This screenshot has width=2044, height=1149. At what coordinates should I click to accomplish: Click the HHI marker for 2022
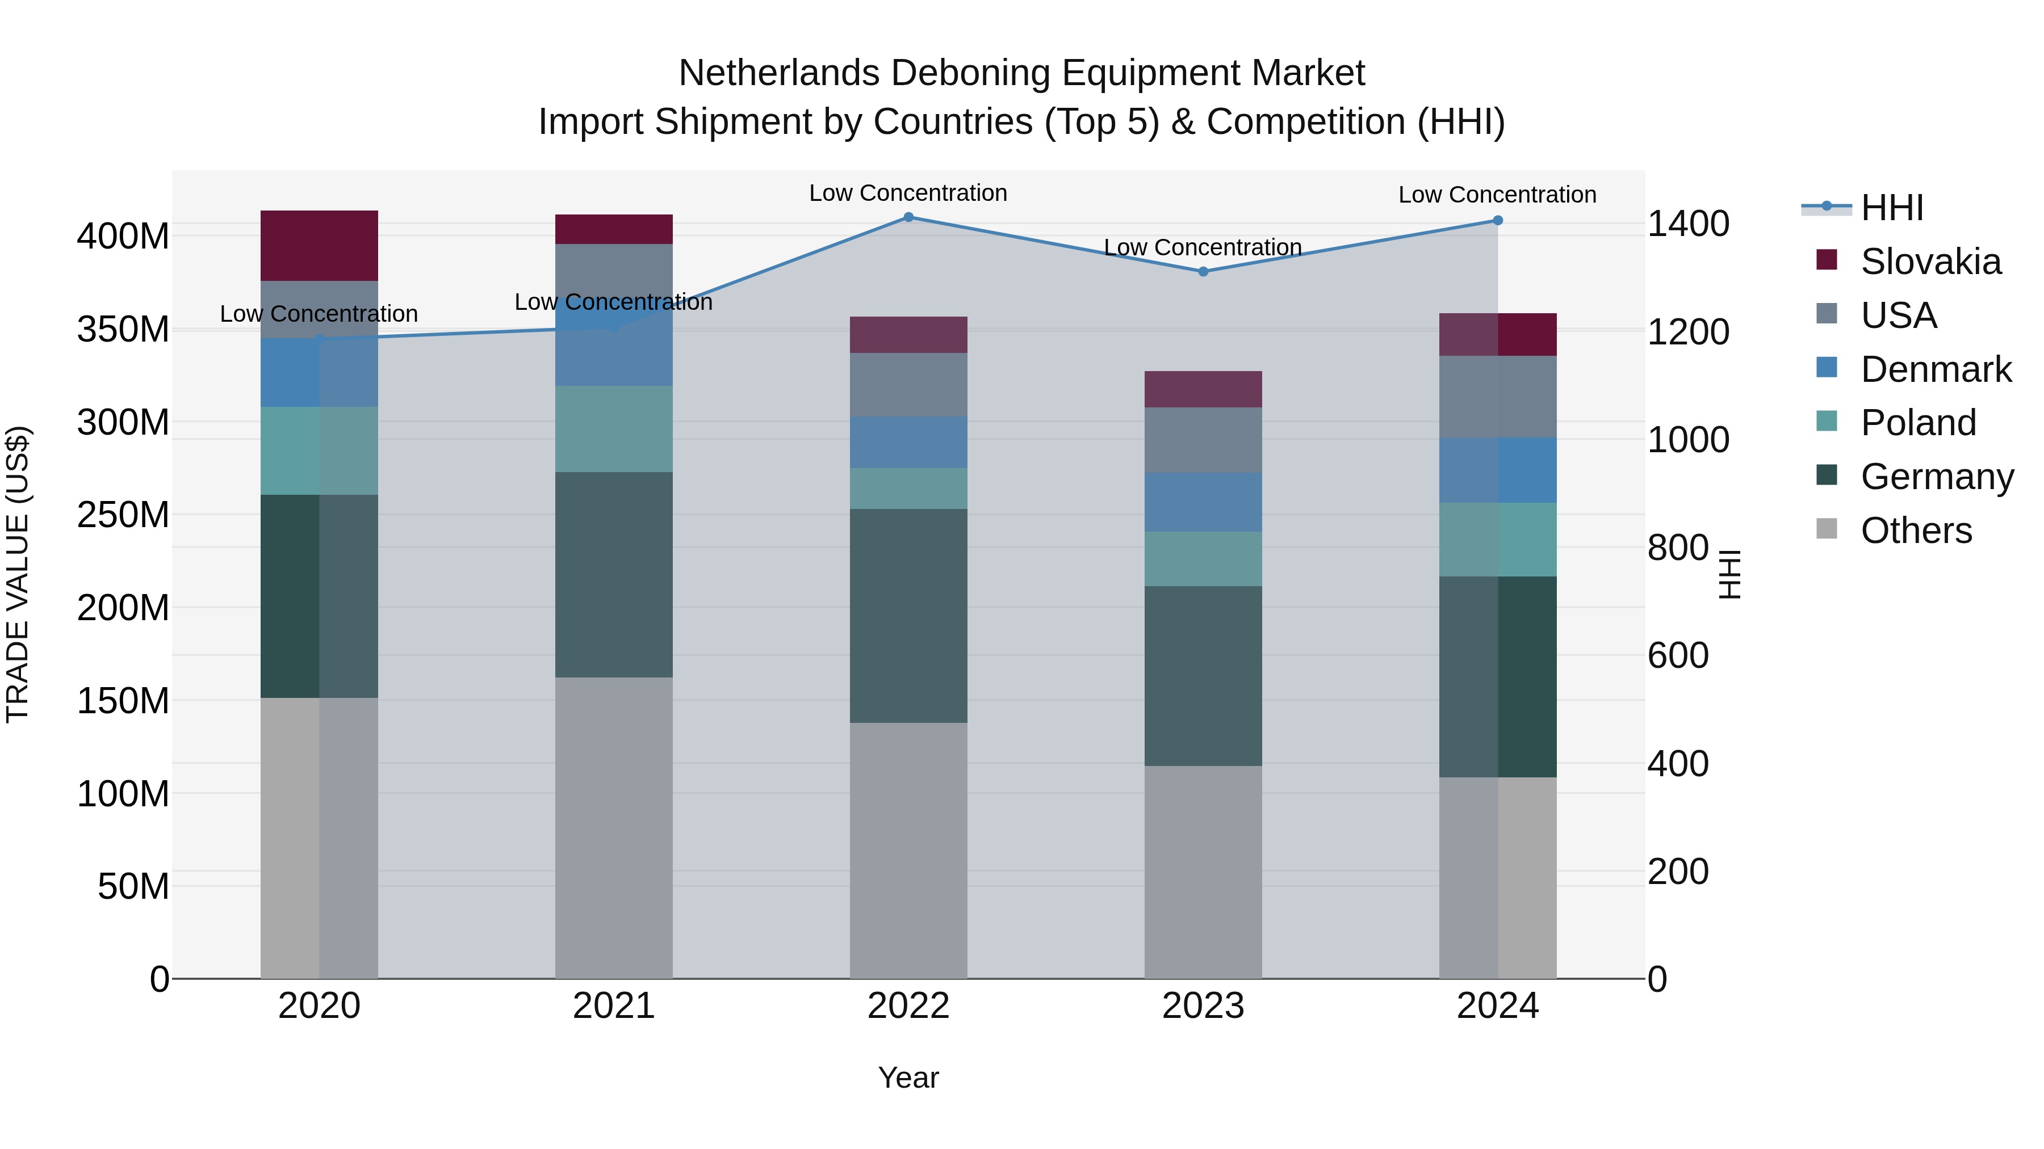point(908,217)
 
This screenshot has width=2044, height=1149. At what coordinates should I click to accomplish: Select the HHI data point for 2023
point(1203,271)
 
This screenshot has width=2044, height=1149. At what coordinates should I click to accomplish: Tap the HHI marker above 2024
point(1497,221)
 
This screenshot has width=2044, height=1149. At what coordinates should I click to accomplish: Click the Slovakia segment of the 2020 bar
point(319,246)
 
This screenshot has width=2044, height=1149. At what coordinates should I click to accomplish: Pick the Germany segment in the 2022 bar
point(908,615)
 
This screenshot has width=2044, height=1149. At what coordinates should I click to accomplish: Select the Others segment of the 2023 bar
point(1203,872)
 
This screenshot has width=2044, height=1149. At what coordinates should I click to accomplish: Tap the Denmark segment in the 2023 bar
point(1203,502)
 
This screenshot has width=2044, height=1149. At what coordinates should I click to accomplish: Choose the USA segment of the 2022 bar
point(908,385)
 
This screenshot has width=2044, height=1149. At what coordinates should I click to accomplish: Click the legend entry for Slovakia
point(1930,262)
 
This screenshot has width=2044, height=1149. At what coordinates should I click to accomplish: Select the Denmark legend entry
point(1936,369)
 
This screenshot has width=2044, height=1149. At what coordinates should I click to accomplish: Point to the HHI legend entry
point(1892,208)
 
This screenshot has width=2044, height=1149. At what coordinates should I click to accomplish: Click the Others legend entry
point(1916,531)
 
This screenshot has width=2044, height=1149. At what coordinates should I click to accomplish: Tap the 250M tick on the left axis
point(123,515)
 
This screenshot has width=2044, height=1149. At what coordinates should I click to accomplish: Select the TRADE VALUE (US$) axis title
point(18,574)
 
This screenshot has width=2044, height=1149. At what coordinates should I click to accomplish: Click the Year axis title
point(908,1078)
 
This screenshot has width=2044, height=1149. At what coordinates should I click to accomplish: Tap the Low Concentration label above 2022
point(908,193)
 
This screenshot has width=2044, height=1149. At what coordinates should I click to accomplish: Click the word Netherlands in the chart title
point(778,73)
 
